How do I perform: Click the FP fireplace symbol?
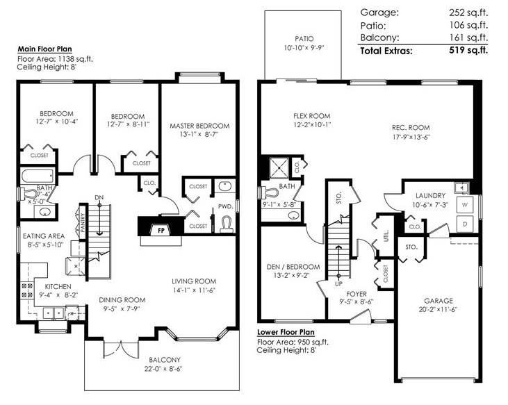pos(161,230)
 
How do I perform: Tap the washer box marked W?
pos(465,205)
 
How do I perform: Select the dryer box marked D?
pos(465,224)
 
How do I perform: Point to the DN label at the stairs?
pos(99,197)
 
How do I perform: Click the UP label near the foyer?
pos(338,284)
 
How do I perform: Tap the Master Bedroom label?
pos(199,126)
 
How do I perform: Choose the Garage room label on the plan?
pos(439,301)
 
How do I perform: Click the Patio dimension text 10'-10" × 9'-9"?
pos(304,48)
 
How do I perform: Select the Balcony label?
pos(165,360)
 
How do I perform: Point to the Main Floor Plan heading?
pos(44,49)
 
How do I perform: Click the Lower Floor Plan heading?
pos(286,332)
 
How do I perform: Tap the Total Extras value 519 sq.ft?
pos(468,50)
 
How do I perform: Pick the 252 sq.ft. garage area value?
pos(468,13)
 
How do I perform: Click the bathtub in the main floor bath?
pos(38,176)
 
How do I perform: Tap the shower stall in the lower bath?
pos(279,167)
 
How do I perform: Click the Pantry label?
pos(82,222)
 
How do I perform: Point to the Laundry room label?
pos(430,195)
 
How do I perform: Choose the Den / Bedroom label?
pos(293,267)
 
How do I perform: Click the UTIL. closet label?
pos(386,236)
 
